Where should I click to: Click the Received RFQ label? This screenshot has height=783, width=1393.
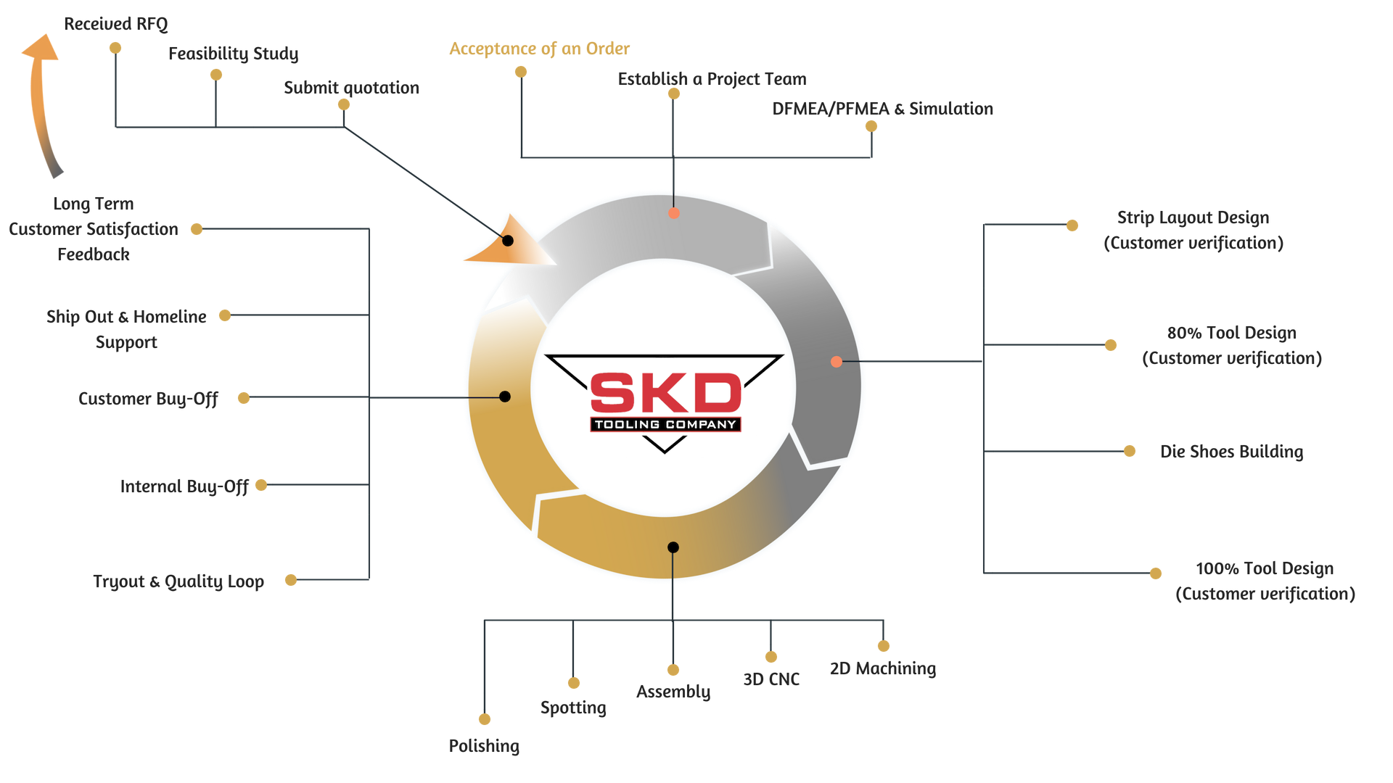click(116, 24)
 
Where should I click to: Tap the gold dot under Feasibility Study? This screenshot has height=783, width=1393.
click(216, 75)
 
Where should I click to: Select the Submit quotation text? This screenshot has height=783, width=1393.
click(351, 88)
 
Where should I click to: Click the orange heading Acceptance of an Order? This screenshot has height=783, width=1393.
click(539, 49)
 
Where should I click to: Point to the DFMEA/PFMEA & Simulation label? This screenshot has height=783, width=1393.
click(882, 109)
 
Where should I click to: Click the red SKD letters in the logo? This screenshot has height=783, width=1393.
click(665, 393)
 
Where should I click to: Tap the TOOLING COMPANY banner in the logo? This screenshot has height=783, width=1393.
click(665, 425)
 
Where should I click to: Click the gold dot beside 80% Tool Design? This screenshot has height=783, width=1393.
click(1111, 345)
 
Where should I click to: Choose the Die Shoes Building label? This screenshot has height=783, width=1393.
click(1232, 452)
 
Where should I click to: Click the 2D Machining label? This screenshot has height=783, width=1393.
click(883, 668)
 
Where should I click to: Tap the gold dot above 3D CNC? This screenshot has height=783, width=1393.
click(771, 657)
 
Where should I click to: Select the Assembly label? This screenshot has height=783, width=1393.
click(673, 692)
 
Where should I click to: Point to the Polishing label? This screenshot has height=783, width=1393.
click(484, 746)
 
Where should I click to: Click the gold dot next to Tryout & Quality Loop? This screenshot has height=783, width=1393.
click(291, 580)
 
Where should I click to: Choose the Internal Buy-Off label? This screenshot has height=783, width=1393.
click(184, 486)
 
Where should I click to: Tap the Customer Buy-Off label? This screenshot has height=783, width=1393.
click(148, 399)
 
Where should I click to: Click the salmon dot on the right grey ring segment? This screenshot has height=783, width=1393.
click(837, 362)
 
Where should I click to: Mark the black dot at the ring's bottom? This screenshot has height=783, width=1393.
click(673, 547)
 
